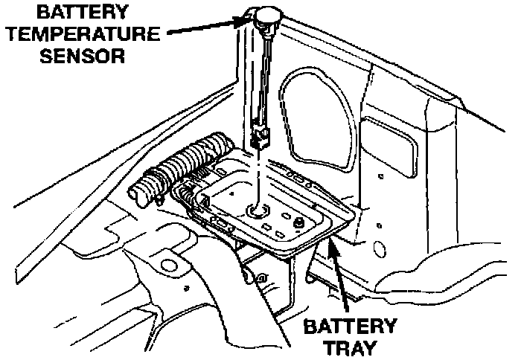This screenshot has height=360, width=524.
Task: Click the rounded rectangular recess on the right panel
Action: tap(391, 145)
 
